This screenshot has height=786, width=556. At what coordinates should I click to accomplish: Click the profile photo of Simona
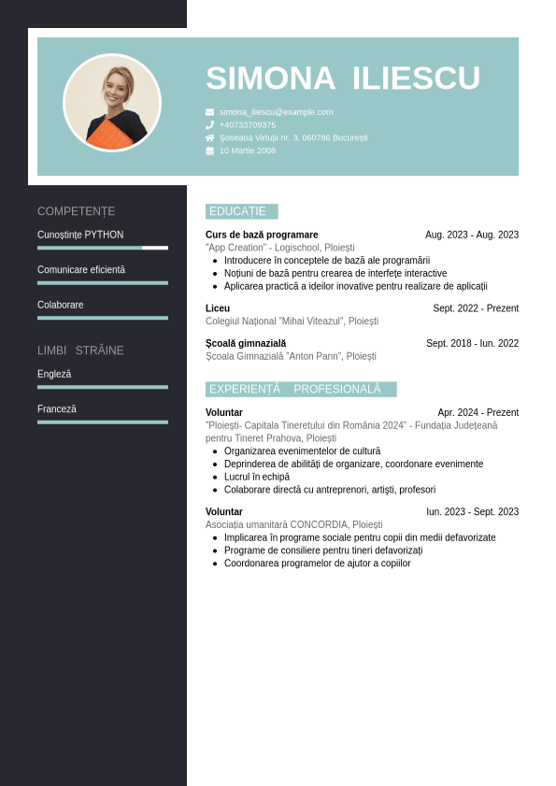[112, 103]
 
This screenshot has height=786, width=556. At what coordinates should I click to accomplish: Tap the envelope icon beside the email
[209, 112]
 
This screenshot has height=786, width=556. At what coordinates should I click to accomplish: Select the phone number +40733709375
[248, 125]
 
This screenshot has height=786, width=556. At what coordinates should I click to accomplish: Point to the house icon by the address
[209, 137]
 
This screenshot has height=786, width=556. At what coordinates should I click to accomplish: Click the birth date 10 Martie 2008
[248, 150]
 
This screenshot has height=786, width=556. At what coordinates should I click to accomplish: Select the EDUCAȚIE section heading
[238, 211]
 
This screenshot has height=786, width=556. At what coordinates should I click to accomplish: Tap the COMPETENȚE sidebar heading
[77, 211]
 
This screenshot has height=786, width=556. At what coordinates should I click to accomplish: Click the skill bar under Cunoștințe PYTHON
[103, 248]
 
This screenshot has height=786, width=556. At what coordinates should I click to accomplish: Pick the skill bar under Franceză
[103, 422]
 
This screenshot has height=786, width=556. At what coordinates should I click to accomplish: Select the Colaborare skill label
[61, 305]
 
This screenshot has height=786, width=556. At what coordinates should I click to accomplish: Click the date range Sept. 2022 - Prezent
[476, 308]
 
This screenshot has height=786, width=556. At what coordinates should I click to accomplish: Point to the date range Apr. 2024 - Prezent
[478, 412]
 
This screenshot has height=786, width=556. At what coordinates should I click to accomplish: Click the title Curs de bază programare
[262, 235]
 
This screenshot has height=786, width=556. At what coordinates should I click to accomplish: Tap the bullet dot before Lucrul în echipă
[215, 477]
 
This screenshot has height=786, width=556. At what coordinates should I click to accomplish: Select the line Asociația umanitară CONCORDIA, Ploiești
[294, 525]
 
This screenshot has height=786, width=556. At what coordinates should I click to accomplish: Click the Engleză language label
[54, 374]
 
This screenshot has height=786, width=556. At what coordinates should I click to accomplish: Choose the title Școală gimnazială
[246, 343]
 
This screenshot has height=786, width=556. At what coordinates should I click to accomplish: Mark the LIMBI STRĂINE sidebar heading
[80, 350]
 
